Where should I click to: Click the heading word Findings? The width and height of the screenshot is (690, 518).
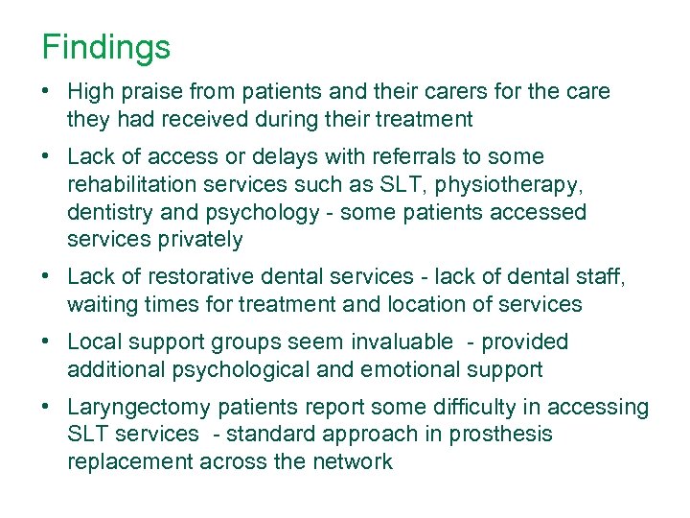click(105, 47)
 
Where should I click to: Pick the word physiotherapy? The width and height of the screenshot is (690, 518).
click(516, 184)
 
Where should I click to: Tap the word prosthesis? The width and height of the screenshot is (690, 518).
click(504, 435)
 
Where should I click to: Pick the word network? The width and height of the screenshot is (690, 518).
click(353, 461)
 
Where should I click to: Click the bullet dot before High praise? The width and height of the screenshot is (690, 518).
click(46, 92)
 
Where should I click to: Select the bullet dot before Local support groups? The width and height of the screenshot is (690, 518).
click(46, 342)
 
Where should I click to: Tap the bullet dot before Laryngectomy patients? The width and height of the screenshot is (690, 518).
click(46, 408)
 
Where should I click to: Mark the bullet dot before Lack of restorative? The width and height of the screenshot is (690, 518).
click(46, 277)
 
